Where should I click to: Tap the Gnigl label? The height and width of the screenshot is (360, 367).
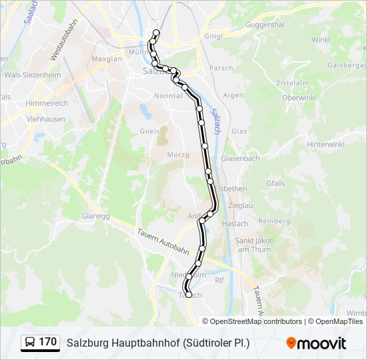click(x=214, y=36)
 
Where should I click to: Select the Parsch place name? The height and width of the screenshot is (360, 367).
click(x=221, y=68)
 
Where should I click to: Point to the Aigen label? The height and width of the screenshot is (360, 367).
click(x=233, y=95)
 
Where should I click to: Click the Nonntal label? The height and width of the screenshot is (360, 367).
click(x=167, y=95)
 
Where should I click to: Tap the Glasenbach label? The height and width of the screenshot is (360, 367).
click(x=240, y=158)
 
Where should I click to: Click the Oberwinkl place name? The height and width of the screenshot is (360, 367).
click(x=298, y=97)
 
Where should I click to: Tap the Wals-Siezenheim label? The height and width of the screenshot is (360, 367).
click(x=32, y=75)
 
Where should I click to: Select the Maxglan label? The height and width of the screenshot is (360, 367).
click(x=107, y=59)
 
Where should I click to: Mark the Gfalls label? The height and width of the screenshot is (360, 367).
click(x=276, y=183)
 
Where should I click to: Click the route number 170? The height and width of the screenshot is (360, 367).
click(x=47, y=342)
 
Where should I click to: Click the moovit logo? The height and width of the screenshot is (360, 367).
click(x=317, y=343)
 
